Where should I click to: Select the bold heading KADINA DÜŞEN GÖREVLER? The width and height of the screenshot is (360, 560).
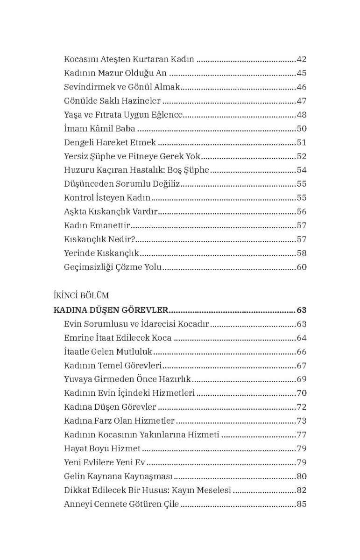point(111,310)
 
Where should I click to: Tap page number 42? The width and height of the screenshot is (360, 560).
point(301,59)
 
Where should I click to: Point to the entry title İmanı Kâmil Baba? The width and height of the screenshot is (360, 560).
point(99,129)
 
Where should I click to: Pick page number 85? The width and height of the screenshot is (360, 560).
point(301,504)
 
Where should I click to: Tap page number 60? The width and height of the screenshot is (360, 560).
point(301,267)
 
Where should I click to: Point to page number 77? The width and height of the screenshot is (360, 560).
point(301,435)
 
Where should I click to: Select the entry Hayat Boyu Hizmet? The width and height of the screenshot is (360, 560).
point(102,449)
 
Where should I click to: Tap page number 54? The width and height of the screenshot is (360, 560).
point(301,170)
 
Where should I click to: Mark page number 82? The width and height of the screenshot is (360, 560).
point(301,490)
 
